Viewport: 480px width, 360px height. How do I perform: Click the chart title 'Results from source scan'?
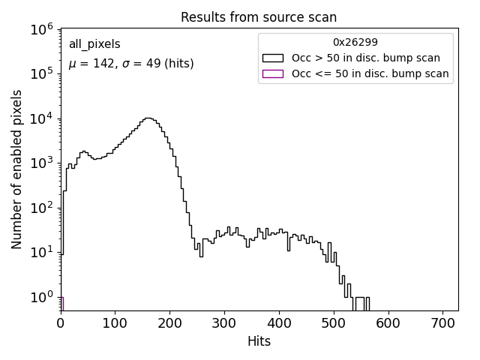(x=259, y=17)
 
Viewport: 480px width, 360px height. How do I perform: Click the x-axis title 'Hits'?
(x=259, y=341)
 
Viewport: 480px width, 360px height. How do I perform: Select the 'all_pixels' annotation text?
(x=94, y=45)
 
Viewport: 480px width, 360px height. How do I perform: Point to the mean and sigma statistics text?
(x=131, y=64)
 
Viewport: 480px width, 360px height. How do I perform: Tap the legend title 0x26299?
(x=355, y=43)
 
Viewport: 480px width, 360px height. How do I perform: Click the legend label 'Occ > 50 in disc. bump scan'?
(x=366, y=58)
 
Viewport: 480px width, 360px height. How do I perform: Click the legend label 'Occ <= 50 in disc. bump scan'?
(x=370, y=73)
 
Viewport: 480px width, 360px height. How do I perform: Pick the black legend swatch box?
(x=272, y=58)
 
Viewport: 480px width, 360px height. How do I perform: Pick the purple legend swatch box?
(x=272, y=73)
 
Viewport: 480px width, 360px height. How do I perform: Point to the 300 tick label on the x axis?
(x=224, y=323)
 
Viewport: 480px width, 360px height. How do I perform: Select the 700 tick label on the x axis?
(x=442, y=323)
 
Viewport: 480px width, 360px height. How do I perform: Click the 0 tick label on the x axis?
(x=61, y=323)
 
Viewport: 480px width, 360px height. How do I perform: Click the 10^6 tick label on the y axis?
(x=42, y=29)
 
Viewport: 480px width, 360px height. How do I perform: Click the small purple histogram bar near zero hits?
(x=61, y=304)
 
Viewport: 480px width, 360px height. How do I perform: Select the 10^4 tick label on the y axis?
(x=42, y=118)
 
